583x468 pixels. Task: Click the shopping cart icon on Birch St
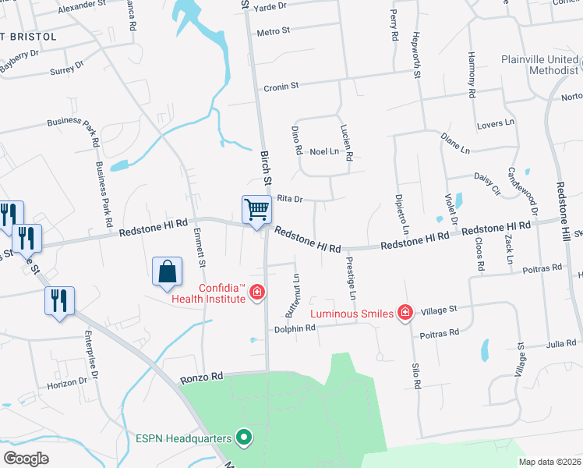click(256, 210)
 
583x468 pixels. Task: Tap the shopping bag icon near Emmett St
click(168, 273)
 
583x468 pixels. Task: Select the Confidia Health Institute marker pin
click(256, 293)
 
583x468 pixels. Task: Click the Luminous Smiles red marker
click(405, 313)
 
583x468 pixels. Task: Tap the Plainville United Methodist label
click(540, 65)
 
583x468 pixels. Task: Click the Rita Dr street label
click(288, 198)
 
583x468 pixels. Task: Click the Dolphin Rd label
click(294, 329)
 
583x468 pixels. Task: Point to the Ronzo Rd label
click(201, 376)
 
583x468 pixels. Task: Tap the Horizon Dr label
click(67, 383)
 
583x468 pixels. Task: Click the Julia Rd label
click(560, 343)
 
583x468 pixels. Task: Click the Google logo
click(26, 458)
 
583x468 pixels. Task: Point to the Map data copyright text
click(549, 462)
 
